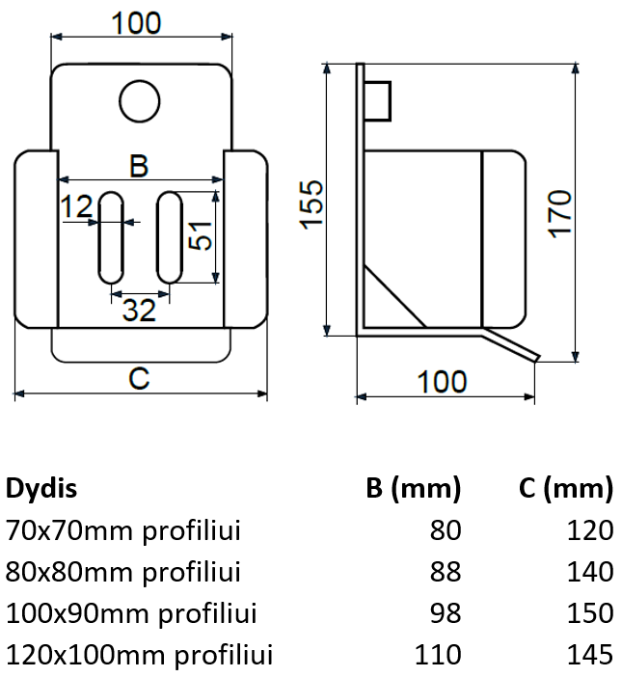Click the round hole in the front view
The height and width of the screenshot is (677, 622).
pos(140,101)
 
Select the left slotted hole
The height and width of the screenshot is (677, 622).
pos(111,237)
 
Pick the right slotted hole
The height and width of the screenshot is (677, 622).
pos(170,237)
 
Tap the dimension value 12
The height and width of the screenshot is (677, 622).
pos(77,206)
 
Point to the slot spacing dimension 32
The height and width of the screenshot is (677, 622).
pos(139,311)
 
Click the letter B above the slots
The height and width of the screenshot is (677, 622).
pos(139,166)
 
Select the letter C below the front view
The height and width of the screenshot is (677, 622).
pos(139,379)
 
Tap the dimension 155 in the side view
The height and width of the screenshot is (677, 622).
pos(311,204)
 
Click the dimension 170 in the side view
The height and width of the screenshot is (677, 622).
pos(560,214)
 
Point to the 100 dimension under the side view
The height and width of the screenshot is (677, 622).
pos(442,382)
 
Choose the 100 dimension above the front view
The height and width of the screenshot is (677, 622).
pos(136,23)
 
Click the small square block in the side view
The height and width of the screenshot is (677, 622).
pos(378,101)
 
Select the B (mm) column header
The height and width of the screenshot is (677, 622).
pos(414,489)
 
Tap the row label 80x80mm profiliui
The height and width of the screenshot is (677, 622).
pos(123,572)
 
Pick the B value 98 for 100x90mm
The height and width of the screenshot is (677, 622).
pos(446,613)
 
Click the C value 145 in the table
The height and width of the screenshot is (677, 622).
pos(590,655)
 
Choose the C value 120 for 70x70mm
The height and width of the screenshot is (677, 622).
pos(590,530)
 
